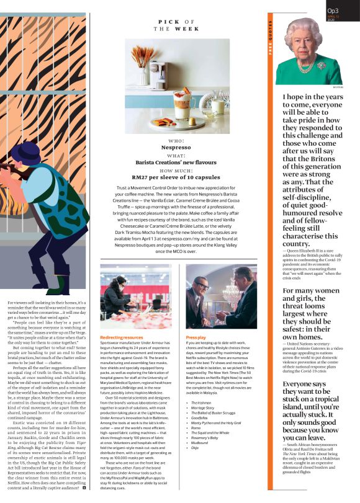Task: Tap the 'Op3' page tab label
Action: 333,11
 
